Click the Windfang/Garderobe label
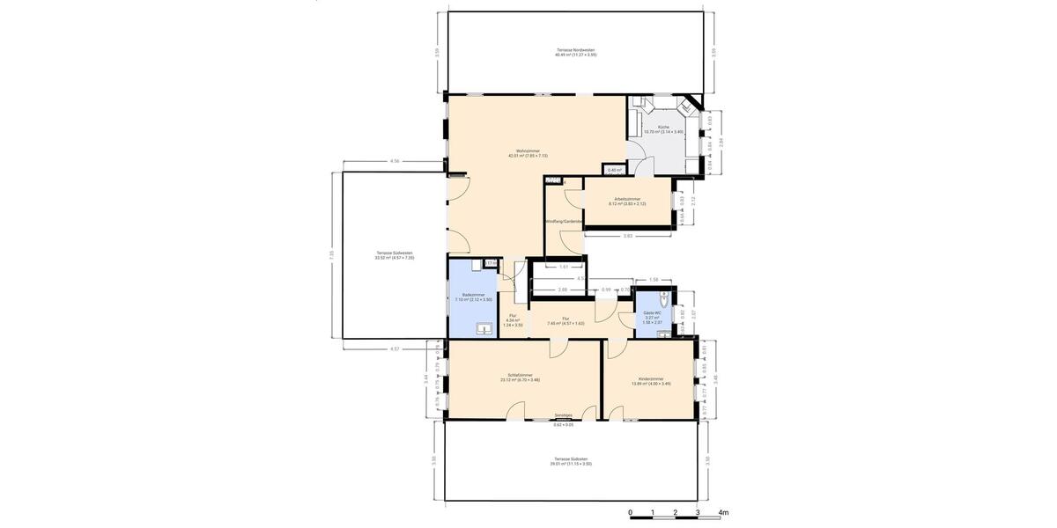coord(564,221)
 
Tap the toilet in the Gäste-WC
coord(665,297)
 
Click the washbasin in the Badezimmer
coord(483,329)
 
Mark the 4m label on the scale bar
coord(723,512)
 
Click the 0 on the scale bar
coord(630,512)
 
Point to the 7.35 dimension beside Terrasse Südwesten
coord(332,255)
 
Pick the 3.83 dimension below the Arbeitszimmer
coord(627,236)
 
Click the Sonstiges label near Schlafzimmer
coord(564,415)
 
